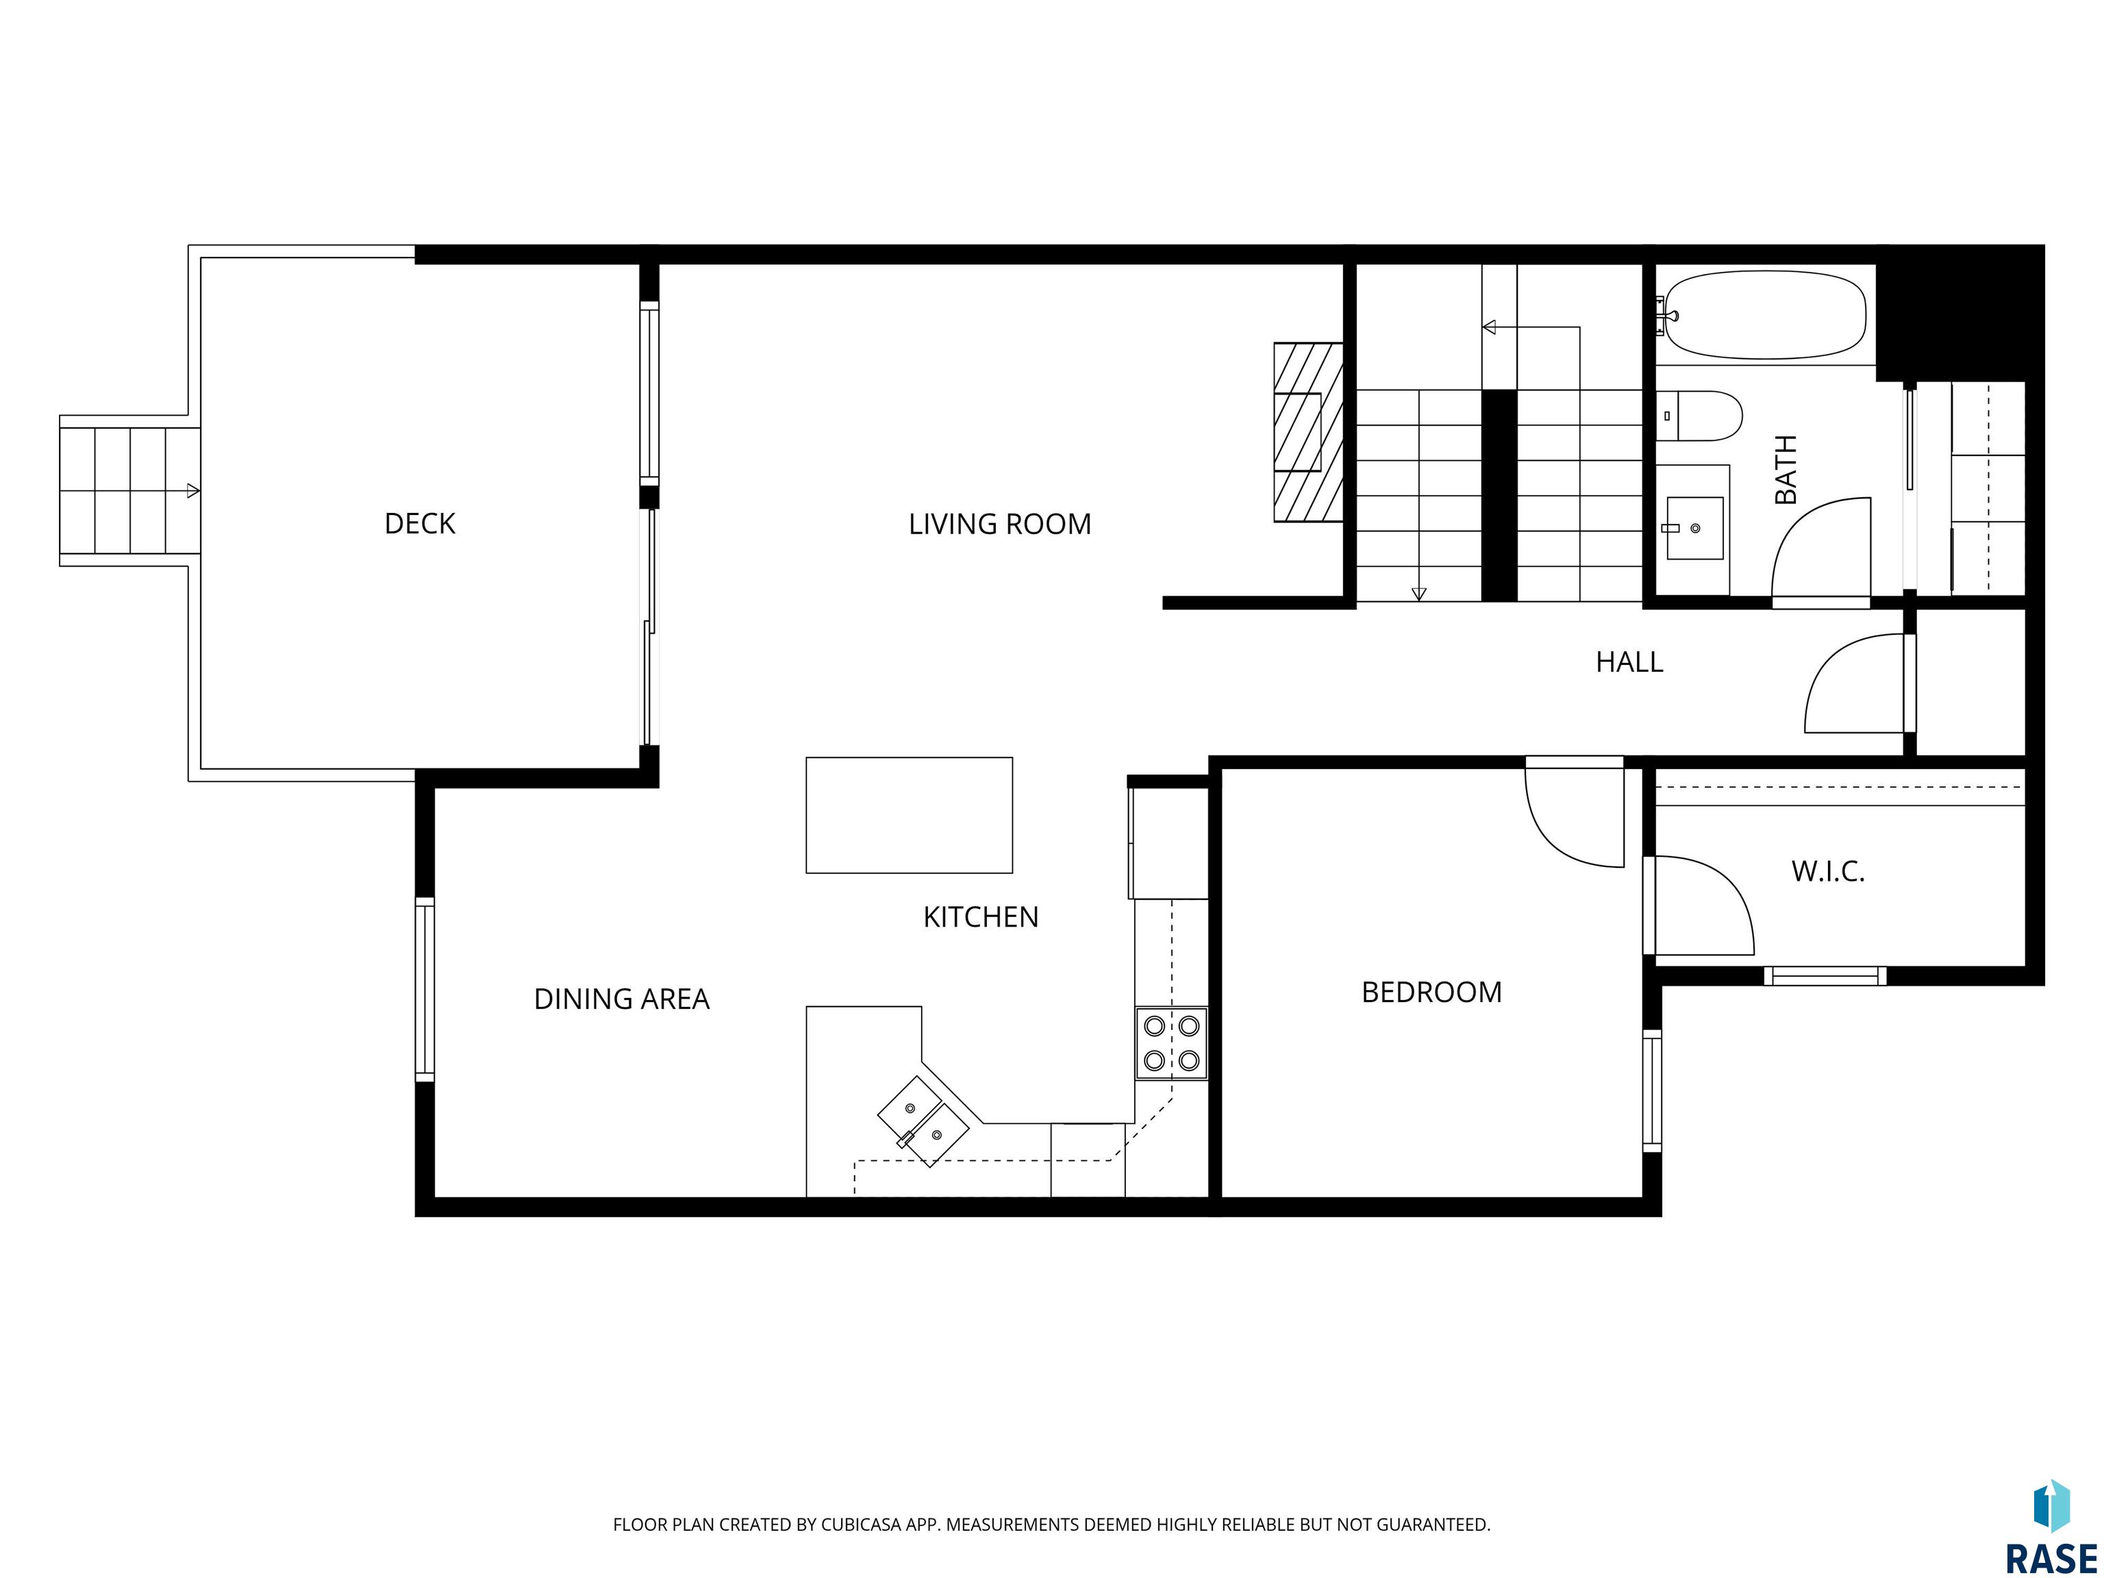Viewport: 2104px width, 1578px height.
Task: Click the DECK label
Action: tap(419, 524)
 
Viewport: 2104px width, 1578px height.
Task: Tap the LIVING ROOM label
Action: tap(1000, 524)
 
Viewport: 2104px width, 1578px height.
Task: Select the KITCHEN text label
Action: tap(981, 917)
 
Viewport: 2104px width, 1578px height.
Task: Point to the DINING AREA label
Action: tap(621, 999)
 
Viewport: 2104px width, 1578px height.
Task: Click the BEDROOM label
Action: tap(1431, 992)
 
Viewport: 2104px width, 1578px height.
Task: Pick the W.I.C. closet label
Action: tap(1828, 871)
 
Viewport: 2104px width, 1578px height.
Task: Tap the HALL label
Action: tap(1629, 662)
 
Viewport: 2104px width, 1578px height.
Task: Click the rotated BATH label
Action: tap(1786, 470)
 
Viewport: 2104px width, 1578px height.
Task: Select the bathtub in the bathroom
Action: tap(1762, 315)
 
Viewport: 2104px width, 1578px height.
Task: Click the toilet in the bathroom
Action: tap(1700, 416)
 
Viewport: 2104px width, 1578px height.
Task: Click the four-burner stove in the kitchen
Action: tap(1171, 1042)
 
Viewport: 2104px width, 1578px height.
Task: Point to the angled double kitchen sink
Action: tap(923, 1120)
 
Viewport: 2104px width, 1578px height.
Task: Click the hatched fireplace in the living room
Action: tap(1308, 432)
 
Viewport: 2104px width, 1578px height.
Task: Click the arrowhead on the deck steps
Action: tap(193, 491)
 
